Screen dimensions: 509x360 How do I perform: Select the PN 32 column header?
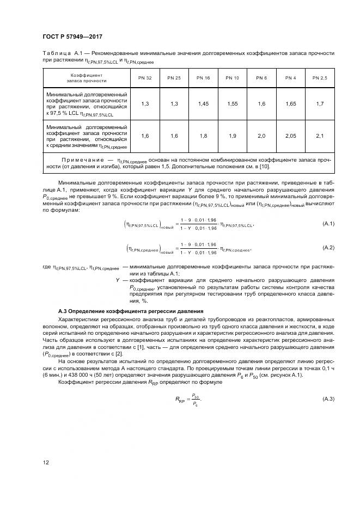click(x=144, y=78)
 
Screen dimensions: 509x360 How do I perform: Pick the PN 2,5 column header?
click(x=319, y=78)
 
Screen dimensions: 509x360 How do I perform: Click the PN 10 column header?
click(x=232, y=78)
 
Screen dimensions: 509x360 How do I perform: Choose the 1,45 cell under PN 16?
click(x=203, y=103)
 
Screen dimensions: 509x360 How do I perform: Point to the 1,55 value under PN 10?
click(x=232, y=103)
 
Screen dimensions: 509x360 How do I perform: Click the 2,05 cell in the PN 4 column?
click(x=290, y=136)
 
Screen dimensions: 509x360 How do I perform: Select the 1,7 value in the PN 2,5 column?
click(x=319, y=103)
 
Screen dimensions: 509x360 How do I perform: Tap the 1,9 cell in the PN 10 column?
click(x=232, y=136)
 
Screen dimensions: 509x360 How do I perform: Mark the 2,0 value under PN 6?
click(x=261, y=136)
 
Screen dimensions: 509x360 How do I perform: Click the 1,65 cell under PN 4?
click(x=290, y=103)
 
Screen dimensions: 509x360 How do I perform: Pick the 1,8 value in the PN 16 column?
click(x=203, y=136)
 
